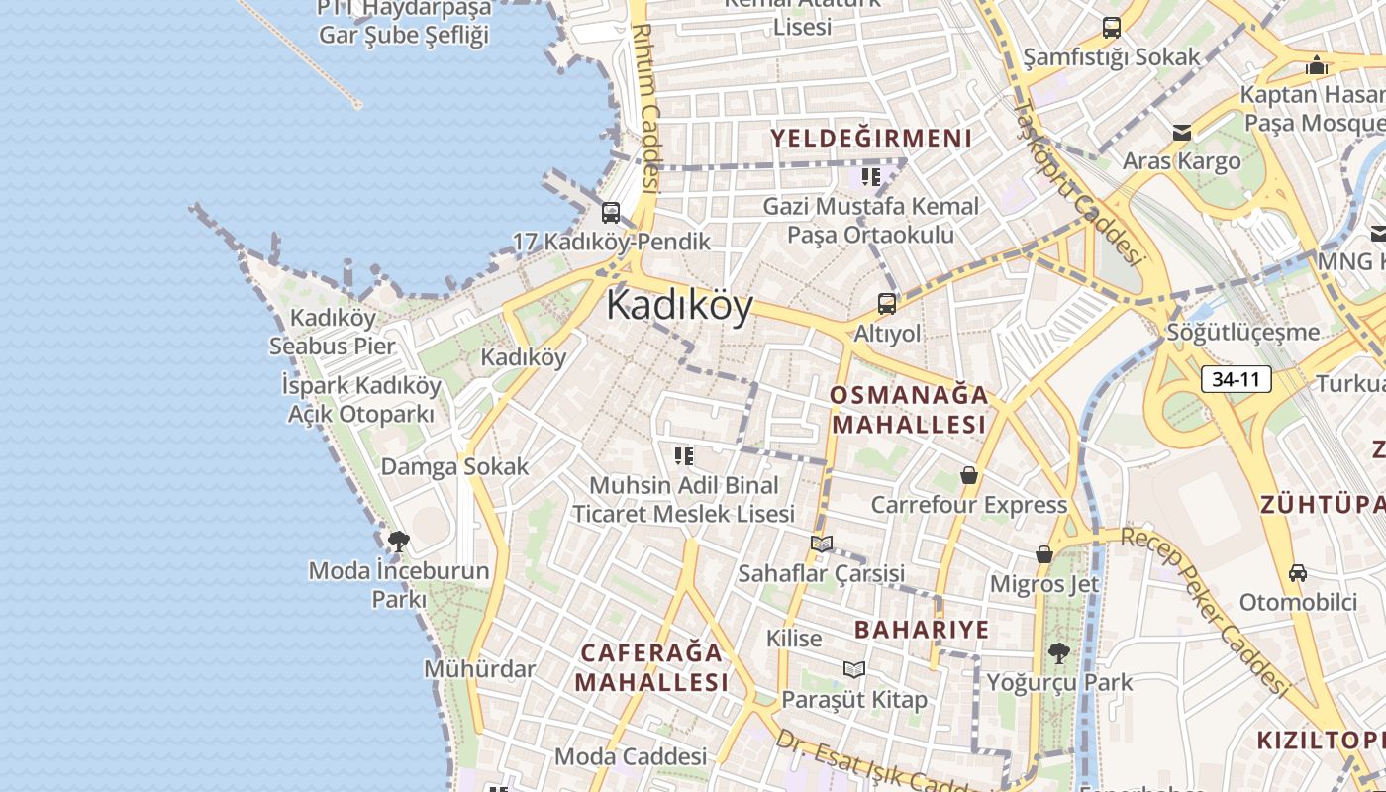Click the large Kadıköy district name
click(679, 305)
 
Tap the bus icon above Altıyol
click(887, 304)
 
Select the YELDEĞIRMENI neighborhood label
click(871, 139)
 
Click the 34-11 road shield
click(1237, 378)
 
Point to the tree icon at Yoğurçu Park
click(1058, 653)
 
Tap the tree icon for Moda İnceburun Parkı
click(399, 542)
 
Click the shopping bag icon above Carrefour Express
click(969, 476)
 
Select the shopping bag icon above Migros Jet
click(1044, 554)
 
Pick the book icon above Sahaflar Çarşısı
click(822, 544)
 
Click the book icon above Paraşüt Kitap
click(854, 670)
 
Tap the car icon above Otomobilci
click(1298, 573)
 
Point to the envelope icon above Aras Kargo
click(1181, 133)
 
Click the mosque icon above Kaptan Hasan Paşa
click(1317, 65)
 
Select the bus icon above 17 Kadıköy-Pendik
click(611, 212)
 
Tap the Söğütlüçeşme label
click(1243, 332)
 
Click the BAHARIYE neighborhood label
click(922, 630)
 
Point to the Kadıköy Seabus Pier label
click(333, 333)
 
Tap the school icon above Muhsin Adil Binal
click(684, 455)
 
